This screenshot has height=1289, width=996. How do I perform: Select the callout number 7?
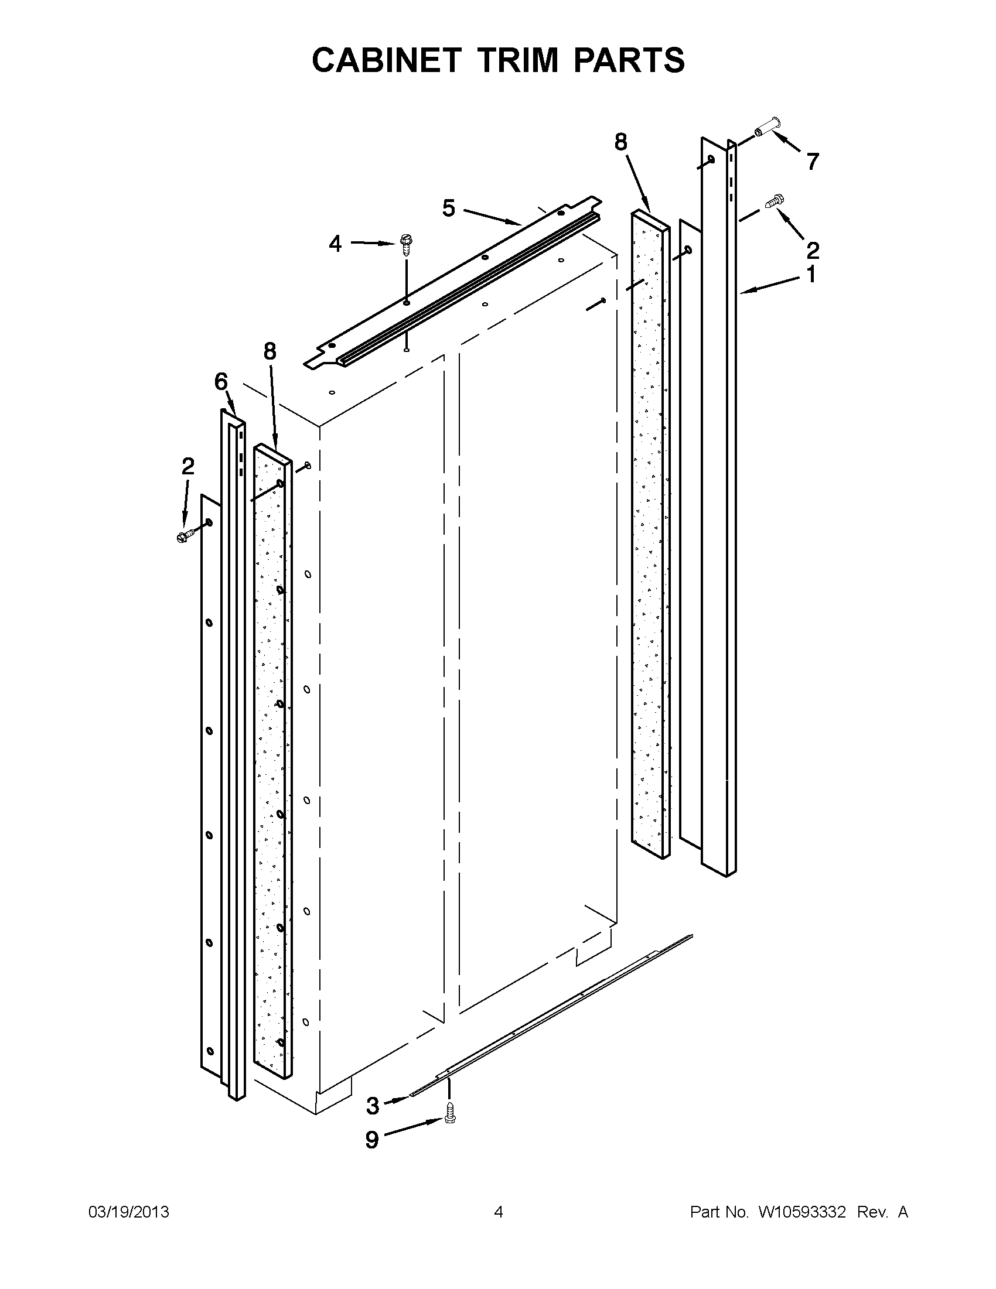pyautogui.click(x=813, y=161)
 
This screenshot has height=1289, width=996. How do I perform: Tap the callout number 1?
pyautogui.click(x=811, y=275)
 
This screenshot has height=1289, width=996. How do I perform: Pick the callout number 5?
pyautogui.click(x=449, y=208)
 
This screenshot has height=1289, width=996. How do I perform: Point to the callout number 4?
pyautogui.click(x=335, y=243)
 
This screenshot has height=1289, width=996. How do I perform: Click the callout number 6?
pyautogui.click(x=221, y=382)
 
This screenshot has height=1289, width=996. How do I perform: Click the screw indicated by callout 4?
pyautogui.click(x=406, y=242)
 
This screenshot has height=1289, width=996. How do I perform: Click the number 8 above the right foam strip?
pyautogui.click(x=620, y=142)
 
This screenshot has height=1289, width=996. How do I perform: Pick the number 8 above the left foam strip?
pyautogui.click(x=270, y=352)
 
